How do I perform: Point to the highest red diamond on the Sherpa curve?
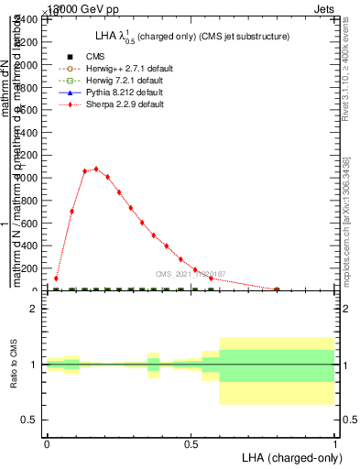tap(96, 169)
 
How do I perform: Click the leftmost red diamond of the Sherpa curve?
tap(56, 278)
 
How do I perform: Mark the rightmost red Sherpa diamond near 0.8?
tap(277, 289)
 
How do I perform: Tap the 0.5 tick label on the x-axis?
tap(191, 442)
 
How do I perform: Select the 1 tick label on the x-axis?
tap(335, 442)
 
